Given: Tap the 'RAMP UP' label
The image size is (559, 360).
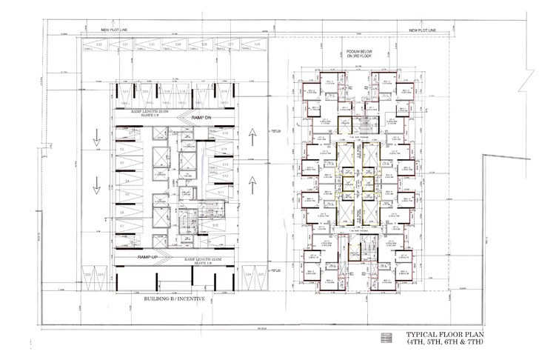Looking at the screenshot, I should click(149, 256).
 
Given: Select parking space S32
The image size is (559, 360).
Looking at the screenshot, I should click(98, 46).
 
